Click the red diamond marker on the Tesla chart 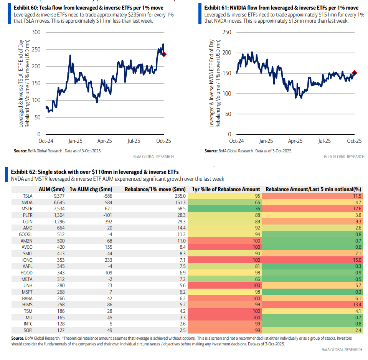(164, 54)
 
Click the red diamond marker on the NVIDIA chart (355, 73)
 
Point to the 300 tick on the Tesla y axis (36, 32)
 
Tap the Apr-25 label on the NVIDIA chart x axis (295, 141)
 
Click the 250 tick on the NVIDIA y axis (227, 32)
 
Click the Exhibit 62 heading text (95, 172)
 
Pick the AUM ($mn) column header (53, 189)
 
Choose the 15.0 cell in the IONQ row (356, 260)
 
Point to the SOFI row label (27, 329)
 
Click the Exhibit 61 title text (281, 8)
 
